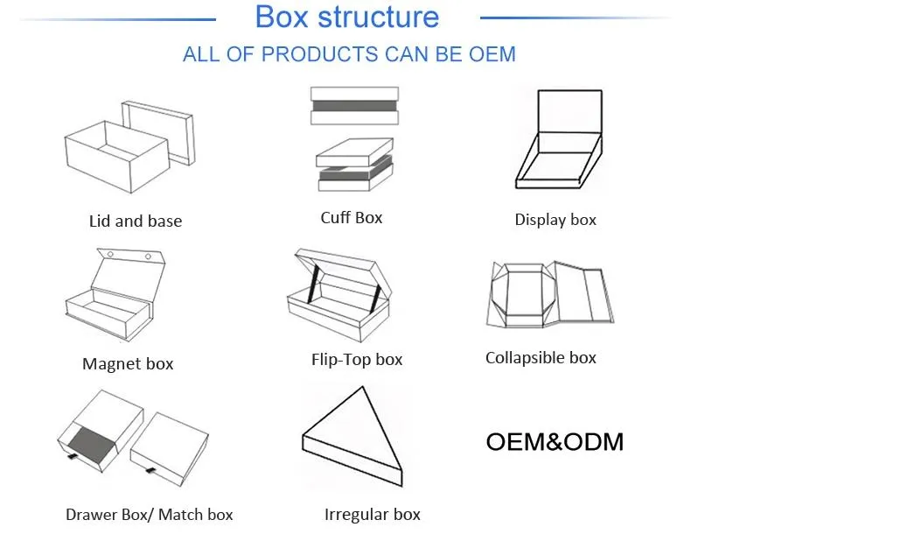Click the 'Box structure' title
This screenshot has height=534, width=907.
[346, 17]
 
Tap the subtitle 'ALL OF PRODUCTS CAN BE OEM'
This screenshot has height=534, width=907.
[349, 54]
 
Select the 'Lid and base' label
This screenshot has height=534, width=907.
[136, 221]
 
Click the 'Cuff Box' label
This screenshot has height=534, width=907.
[352, 217]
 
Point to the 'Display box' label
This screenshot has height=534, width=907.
[555, 220]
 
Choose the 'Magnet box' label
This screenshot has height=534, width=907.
[128, 364]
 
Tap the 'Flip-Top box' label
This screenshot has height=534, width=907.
[357, 359]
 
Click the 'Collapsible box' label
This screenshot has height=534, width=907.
[541, 357]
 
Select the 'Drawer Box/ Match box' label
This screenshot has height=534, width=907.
[150, 515]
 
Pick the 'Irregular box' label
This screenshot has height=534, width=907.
[373, 515]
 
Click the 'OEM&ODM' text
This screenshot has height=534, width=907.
[555, 442]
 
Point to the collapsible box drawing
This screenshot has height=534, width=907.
[549, 296]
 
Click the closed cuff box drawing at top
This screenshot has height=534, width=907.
[354, 106]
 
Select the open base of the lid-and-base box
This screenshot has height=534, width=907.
[114, 158]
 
